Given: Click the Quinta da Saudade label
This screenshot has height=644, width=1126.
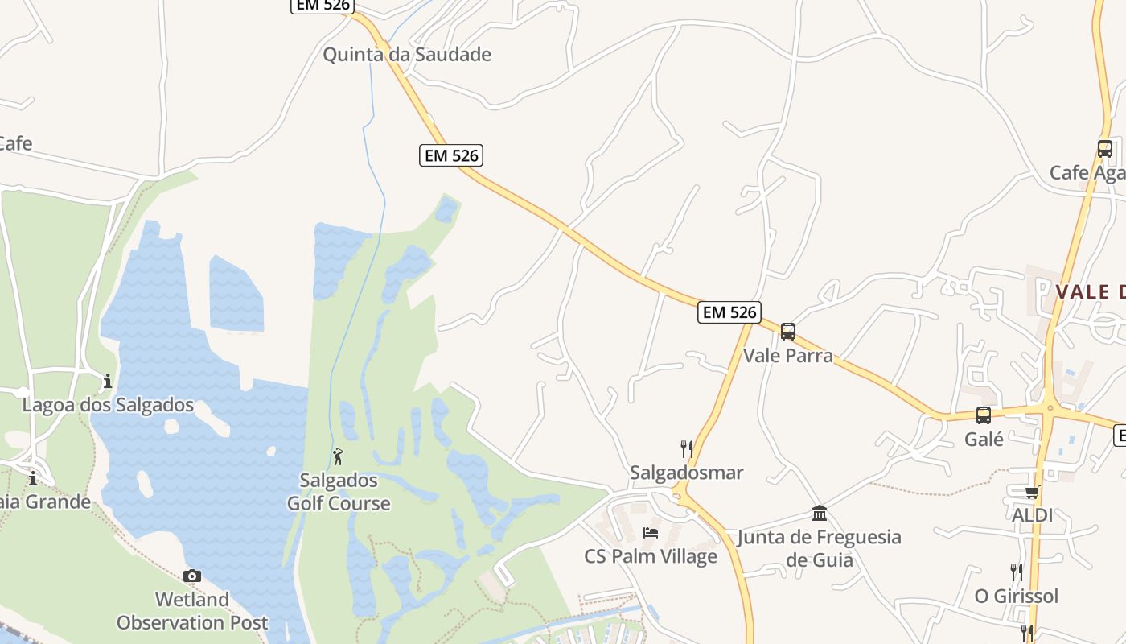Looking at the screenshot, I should coord(407,55).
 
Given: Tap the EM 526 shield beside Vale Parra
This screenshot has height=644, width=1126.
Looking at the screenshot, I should coord(729,312).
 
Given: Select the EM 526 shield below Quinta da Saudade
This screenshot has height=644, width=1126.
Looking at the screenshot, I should coord(451,155).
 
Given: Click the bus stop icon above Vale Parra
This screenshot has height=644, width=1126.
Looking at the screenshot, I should coord(788,331).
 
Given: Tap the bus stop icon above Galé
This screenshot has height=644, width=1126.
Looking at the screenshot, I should coord(984,415).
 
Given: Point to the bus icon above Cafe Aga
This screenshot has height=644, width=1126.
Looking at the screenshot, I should coord(1105,148).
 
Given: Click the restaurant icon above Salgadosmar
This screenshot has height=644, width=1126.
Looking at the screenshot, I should coord(687,448).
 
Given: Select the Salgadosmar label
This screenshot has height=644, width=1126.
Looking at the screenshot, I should coord(687,473).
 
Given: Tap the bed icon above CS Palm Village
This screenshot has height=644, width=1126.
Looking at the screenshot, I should coord(651,533).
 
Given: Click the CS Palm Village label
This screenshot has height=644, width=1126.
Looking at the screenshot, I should coord(651,556).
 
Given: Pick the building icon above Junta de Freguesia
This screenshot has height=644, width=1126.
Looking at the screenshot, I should coord(820,514).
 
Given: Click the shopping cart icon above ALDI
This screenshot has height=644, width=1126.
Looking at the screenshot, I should coord(1032,492).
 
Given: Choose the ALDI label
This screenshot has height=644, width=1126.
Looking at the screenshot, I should coord(1033,515).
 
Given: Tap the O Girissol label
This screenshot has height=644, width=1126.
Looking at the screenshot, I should coord(1017,597).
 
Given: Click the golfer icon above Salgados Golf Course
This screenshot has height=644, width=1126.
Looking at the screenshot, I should coord(339,456).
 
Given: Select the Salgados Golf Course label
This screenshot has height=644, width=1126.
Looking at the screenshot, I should coord(339,492).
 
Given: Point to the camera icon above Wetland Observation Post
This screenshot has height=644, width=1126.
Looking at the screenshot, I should coord(192,576).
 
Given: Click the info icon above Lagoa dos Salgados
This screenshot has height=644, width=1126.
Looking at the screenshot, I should coord(108,381).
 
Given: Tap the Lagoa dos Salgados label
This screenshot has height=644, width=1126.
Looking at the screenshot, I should coord(108,405).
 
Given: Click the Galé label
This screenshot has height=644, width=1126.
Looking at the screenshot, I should coord(984,440).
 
